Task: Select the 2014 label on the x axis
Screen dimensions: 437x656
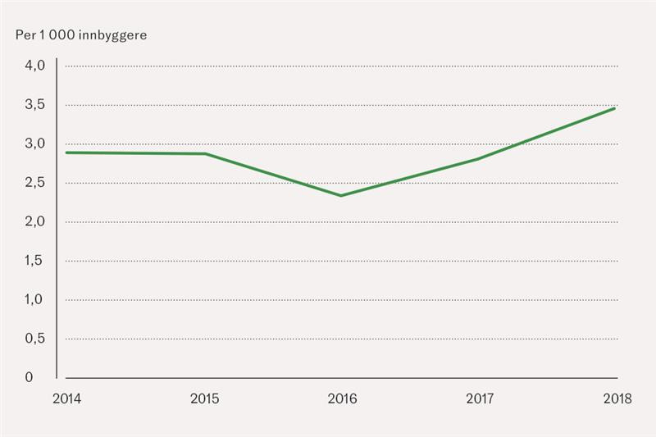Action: coord(66,399)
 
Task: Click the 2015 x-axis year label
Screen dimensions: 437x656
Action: coord(204,399)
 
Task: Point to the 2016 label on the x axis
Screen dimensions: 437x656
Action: coord(342,399)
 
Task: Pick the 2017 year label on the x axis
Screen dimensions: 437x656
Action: coord(480,399)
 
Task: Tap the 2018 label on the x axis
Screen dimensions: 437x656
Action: coord(615,399)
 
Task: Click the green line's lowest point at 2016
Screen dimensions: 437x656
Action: coord(341,196)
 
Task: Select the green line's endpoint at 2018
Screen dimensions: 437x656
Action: coord(615,108)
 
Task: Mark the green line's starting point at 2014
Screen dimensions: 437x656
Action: coord(66,152)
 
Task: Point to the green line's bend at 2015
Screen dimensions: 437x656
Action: coord(204,154)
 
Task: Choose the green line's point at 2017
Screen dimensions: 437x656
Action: coord(478,159)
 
